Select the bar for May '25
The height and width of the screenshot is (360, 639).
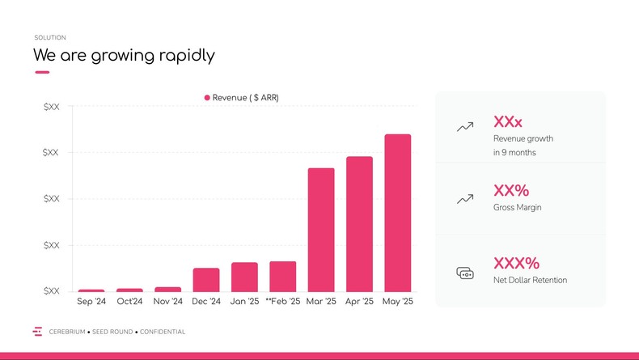pos(397,213)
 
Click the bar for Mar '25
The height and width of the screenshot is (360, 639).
pos(321,230)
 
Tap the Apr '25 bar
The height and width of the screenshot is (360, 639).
pos(359,224)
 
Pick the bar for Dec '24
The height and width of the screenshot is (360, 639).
pos(206,280)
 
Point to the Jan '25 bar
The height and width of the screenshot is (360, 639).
pos(244,277)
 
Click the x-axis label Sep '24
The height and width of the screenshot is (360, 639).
pos(91,302)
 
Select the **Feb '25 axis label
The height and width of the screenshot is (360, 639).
pos(282,302)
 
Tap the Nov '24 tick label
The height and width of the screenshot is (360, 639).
pos(168,302)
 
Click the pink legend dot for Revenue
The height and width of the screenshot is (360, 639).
pos(207,98)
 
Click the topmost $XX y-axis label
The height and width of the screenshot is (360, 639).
pos(51,107)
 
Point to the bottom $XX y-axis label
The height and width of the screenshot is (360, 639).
pos(51,291)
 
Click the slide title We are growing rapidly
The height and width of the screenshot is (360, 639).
pos(124,56)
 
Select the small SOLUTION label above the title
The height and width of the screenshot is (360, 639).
pos(50,38)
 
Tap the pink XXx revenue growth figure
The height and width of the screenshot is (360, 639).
pos(508,122)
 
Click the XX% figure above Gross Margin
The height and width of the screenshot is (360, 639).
pos(511,191)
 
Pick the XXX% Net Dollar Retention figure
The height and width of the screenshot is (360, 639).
pos(516,263)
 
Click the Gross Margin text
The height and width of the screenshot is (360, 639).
pos(518,208)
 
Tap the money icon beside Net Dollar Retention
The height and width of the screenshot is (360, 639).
pos(465,273)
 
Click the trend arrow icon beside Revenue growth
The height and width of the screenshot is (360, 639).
pos(465,127)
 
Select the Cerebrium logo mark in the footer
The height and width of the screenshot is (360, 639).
pos(37,332)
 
